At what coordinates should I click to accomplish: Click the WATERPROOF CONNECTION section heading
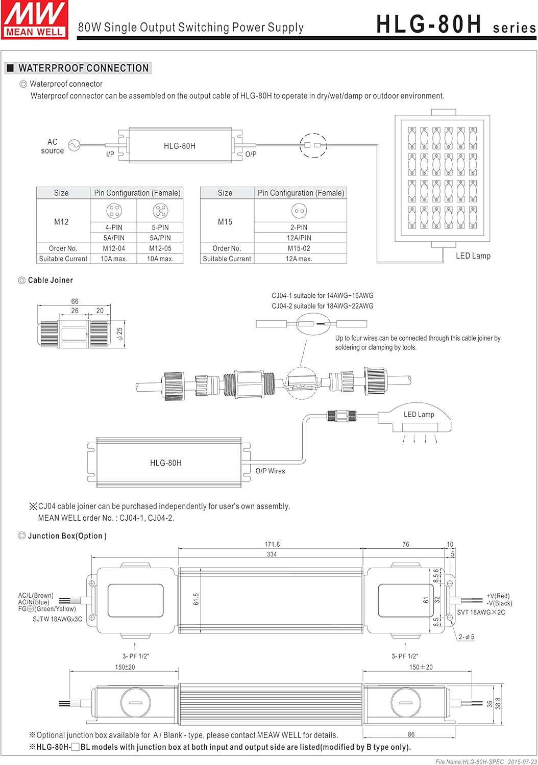point(83,68)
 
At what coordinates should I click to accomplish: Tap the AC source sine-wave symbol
point(75,146)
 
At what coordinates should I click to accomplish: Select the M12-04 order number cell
point(113,248)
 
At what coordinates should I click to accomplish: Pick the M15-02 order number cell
point(299,248)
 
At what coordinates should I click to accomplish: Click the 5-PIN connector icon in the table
point(160,210)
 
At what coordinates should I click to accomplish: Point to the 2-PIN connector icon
point(299,210)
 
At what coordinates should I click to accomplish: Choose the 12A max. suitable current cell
point(299,259)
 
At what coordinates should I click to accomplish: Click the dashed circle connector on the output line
point(313,145)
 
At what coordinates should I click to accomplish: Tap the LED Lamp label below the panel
point(473,256)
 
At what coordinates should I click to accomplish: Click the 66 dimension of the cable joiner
point(75,301)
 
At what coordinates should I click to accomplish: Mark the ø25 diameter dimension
point(120,334)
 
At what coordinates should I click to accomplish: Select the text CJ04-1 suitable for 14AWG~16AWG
point(322,296)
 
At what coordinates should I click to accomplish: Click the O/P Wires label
point(270,471)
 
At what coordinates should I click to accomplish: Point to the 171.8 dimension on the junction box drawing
point(272,545)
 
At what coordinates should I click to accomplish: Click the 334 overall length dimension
point(272,554)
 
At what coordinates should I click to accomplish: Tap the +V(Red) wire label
point(498,596)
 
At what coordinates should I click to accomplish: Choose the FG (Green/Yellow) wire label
point(47,609)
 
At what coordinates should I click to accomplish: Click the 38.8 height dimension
point(498,703)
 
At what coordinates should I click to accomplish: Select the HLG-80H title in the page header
point(429,24)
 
